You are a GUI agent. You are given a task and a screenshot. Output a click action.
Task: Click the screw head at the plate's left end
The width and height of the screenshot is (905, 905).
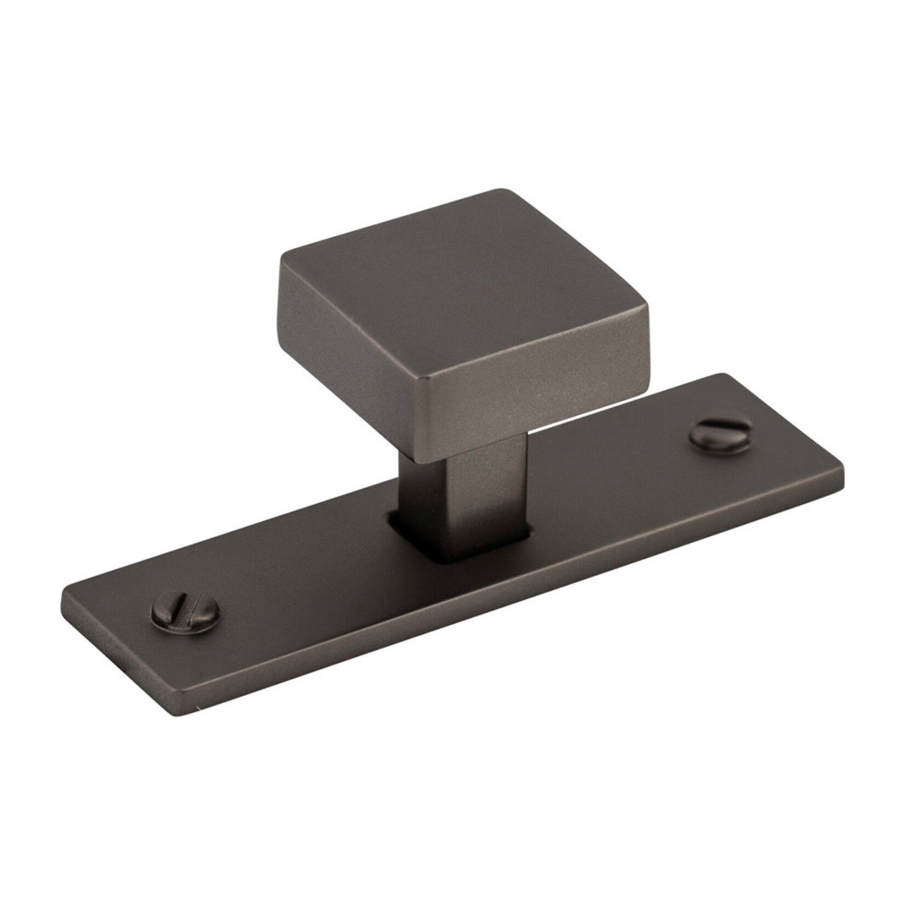point(185,612)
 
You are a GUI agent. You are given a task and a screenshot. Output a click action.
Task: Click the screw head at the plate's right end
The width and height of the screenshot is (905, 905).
point(719,436)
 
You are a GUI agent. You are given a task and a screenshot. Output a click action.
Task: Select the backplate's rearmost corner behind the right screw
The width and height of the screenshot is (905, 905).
point(726,376)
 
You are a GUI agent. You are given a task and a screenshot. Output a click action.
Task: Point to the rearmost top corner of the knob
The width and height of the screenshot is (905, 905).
point(501,191)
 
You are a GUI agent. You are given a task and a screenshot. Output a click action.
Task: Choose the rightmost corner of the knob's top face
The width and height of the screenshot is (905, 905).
point(646,318)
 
